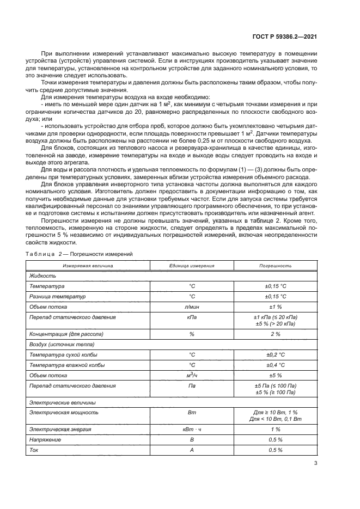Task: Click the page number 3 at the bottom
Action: [x=316, y=464]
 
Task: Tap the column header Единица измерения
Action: [x=192, y=266]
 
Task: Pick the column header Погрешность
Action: [x=275, y=266]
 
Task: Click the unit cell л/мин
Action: [x=192, y=307]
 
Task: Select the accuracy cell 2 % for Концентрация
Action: [x=275, y=334]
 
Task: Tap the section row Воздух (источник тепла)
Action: [x=62, y=344]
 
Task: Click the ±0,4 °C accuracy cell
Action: [x=275, y=365]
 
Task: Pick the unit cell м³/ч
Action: [x=192, y=375]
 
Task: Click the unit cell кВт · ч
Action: [x=192, y=429]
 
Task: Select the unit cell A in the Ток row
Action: [x=192, y=450]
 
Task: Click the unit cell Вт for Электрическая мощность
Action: [x=192, y=413]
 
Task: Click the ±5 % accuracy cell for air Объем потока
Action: [x=275, y=375]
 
